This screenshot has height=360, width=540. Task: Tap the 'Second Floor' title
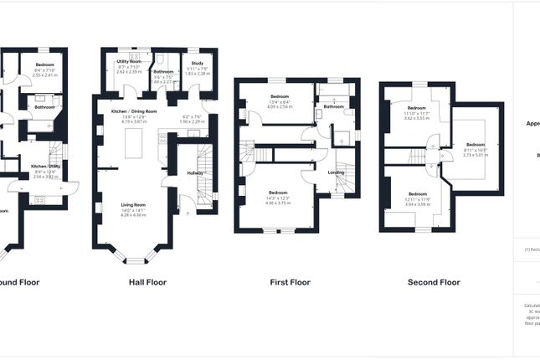(434, 283)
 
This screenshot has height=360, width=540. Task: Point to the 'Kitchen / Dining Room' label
(134, 111)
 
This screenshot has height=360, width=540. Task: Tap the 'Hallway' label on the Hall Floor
(195, 173)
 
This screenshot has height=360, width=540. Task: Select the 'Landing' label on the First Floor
(336, 173)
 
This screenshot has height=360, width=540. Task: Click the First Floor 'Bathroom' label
(335, 107)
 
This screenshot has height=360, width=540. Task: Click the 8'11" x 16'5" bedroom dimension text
(475, 149)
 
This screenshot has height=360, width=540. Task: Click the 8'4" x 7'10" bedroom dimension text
(45, 70)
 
